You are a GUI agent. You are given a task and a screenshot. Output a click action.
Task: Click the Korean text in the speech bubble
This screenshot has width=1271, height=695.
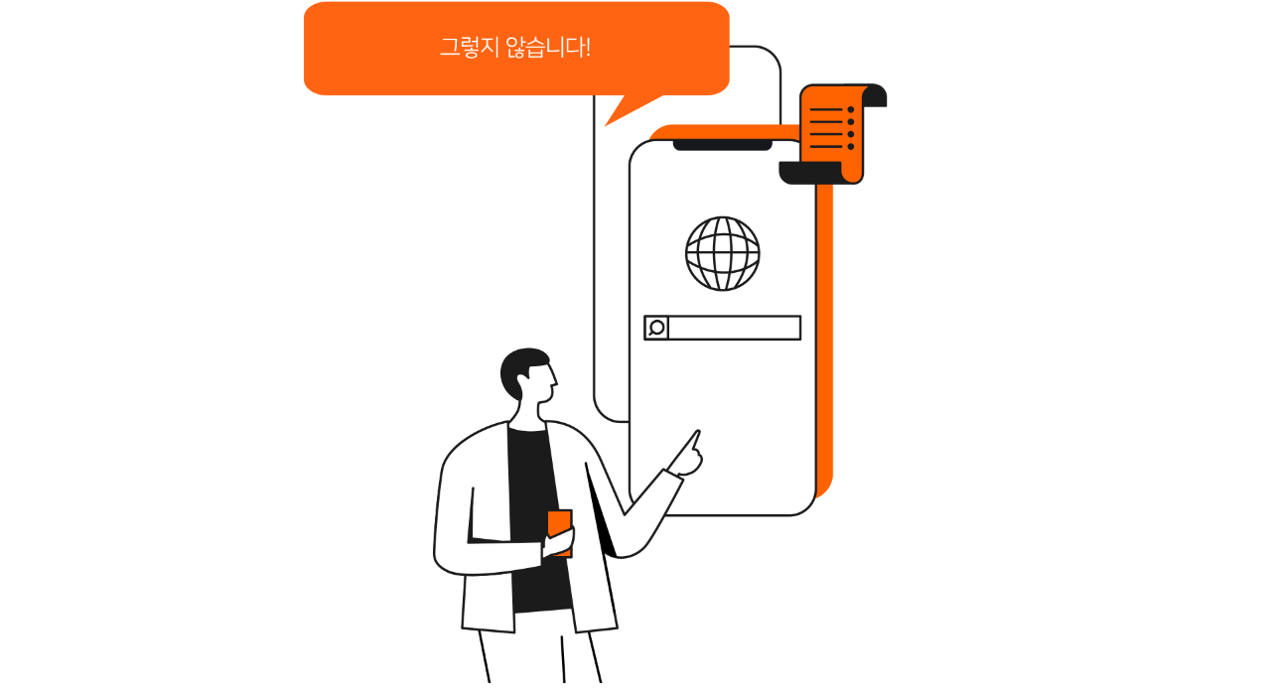515,47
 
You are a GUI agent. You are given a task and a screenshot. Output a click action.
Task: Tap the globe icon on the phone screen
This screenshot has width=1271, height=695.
722,253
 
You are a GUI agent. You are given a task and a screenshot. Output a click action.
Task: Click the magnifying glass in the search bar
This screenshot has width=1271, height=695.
656,328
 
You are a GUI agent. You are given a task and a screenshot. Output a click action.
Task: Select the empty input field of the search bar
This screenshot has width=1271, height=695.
734,328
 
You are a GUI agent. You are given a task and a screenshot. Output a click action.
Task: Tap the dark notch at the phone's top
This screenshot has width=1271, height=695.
722,145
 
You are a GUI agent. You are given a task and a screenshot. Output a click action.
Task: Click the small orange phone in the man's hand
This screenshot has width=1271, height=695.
559,532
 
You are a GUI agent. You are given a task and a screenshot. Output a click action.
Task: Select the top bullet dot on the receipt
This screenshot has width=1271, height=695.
851,109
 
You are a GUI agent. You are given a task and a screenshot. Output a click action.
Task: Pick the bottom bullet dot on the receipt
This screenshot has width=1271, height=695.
851,147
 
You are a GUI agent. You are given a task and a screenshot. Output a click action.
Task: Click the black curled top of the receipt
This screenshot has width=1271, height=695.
875,94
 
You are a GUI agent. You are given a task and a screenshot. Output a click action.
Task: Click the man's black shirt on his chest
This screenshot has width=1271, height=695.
530,483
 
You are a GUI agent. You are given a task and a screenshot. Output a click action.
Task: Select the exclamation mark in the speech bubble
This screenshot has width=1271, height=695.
588,48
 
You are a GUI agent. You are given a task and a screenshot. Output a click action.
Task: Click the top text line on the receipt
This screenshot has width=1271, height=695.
826,109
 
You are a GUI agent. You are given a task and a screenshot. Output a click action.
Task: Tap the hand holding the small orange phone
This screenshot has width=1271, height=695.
558,542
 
